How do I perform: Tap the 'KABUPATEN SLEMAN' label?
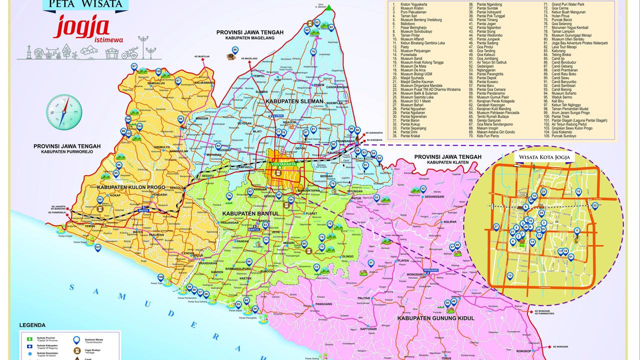pos(295,101)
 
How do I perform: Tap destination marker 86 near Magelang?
pos(234,50)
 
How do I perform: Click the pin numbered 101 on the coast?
pos(97,248)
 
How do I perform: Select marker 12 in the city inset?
pos(509,276)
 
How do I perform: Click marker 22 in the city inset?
pos(595,205)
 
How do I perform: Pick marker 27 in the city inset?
pos(496,227)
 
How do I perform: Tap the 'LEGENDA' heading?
pos(32,325)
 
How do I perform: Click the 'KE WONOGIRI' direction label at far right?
pos(560,346)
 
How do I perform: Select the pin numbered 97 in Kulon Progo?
pos(134,67)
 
